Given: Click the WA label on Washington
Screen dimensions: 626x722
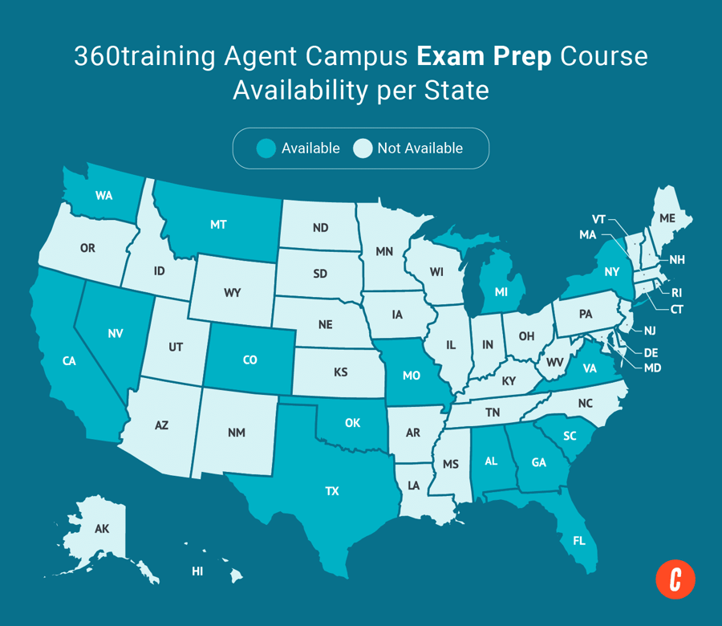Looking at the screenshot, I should (x=103, y=196).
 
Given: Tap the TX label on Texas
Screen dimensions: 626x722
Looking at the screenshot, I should (x=332, y=491).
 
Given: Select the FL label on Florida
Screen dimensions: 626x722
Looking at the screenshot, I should (x=579, y=541).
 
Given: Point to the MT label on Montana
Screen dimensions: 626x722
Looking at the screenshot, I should (x=218, y=225).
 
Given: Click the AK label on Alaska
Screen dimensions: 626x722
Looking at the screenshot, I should (x=102, y=529).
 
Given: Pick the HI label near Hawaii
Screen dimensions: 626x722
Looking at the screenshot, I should (x=197, y=571).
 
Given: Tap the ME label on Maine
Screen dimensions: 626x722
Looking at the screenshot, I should (x=667, y=218).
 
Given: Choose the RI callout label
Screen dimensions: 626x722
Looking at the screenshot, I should (x=676, y=293).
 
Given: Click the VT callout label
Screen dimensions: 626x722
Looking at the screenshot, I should (x=598, y=219).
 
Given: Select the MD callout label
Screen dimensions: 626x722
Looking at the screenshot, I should (x=653, y=368).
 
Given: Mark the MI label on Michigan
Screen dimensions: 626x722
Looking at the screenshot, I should (x=501, y=293).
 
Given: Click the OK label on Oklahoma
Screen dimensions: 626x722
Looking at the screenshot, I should (x=352, y=423).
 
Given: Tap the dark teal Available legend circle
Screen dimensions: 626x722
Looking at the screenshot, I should (x=266, y=148).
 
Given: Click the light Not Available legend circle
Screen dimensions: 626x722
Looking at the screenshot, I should (x=363, y=148).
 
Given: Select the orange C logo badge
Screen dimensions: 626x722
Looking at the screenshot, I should (x=675, y=579).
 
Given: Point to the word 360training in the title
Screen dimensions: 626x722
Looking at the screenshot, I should (x=149, y=56).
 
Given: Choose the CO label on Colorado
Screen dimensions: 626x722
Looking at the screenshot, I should (x=250, y=360).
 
